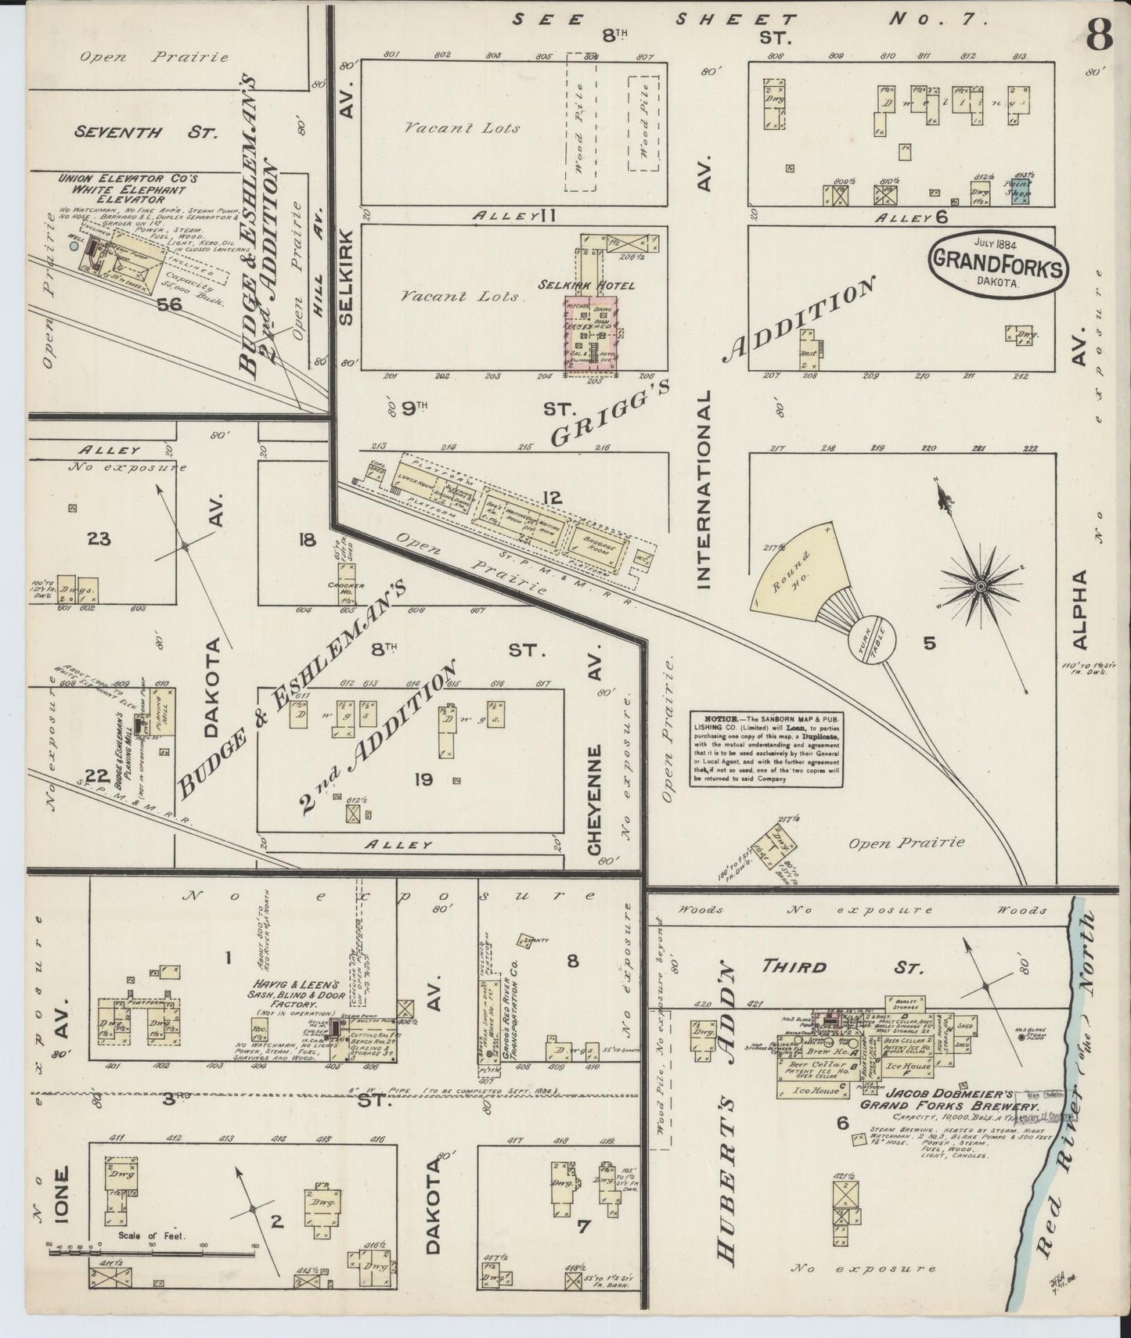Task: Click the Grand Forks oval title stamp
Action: point(996,266)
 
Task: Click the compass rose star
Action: point(981,584)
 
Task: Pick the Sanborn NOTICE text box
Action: point(765,750)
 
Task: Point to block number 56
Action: point(169,304)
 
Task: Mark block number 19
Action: point(424,779)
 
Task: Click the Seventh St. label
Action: point(145,131)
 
